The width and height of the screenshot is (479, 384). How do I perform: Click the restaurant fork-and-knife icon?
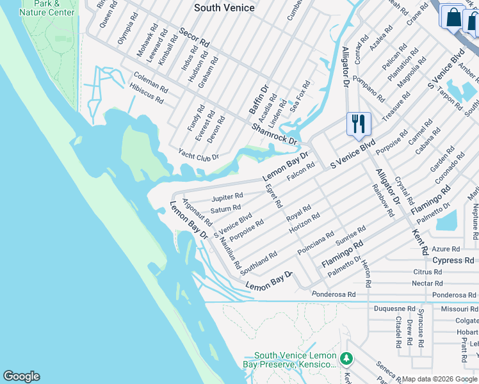point(359,124)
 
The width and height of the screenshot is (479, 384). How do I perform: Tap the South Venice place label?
point(224,8)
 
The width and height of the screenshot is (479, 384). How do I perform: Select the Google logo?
point(21,376)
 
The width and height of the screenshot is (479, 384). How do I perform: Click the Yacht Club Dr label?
point(199,156)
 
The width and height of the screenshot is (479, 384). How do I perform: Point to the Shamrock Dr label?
point(275,134)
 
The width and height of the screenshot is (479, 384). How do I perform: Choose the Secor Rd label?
point(195,37)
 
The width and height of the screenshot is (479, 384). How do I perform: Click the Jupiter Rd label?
point(227,196)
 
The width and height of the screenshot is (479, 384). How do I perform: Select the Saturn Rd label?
point(225,209)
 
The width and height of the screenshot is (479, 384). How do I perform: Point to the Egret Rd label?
point(273,195)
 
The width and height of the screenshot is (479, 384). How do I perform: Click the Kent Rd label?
point(419,242)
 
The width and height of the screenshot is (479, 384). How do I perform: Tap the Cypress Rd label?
point(453,260)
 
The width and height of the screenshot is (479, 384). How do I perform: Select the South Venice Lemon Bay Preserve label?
point(295,360)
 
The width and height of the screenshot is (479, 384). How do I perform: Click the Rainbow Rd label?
point(383,200)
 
